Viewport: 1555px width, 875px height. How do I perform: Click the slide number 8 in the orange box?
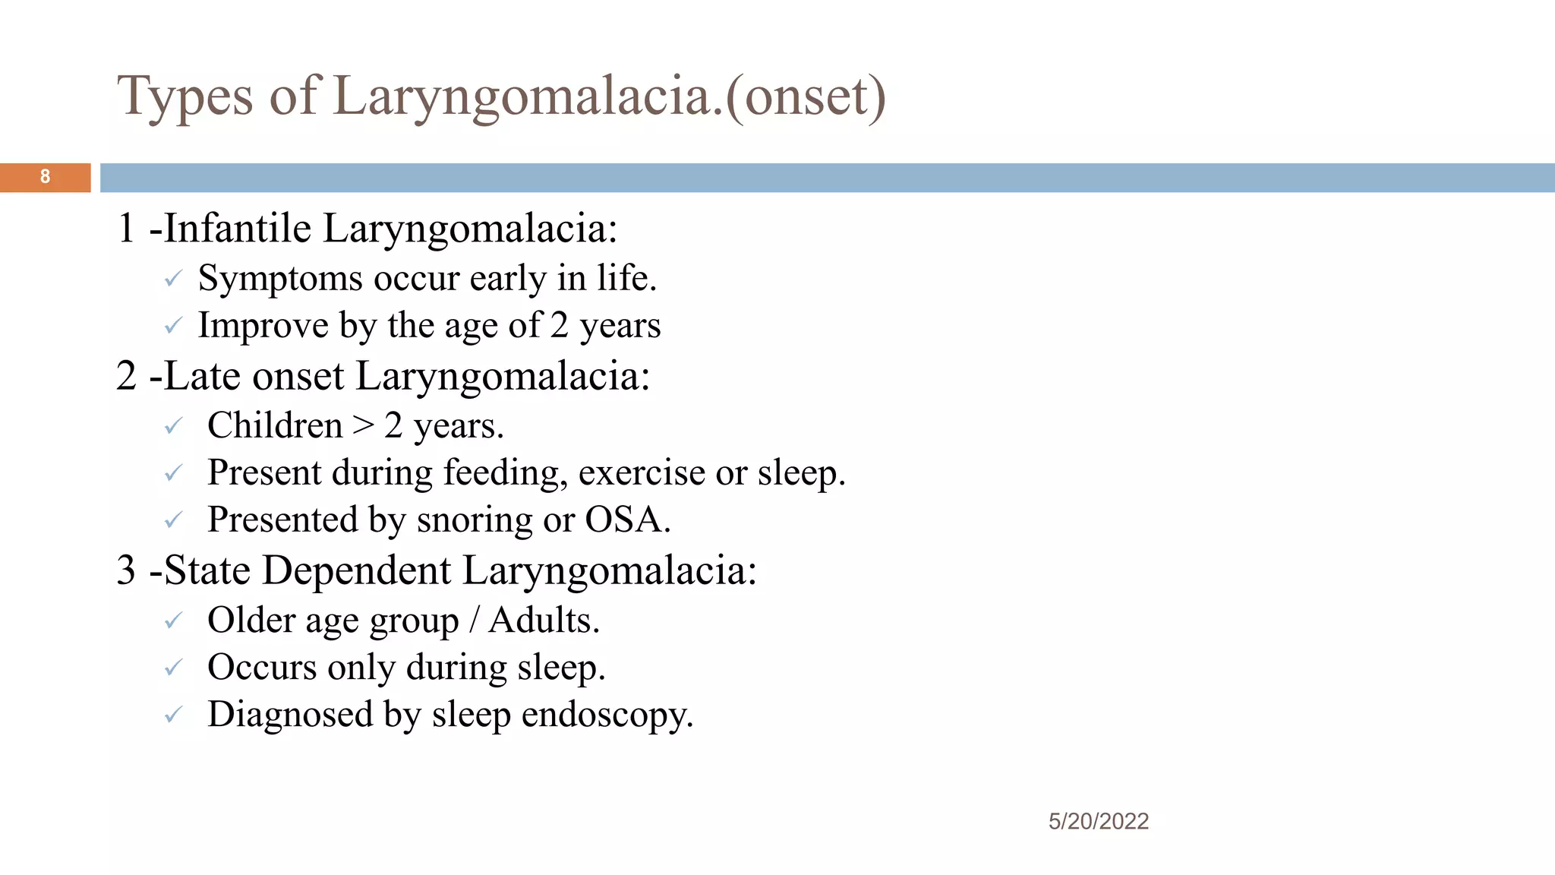[x=45, y=177]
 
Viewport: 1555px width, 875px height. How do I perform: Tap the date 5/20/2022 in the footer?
[x=1098, y=821]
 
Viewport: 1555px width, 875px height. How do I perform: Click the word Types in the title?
[x=185, y=97]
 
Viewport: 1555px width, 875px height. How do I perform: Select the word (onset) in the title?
[x=806, y=97]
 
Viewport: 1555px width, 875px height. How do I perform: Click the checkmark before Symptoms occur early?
[x=173, y=280]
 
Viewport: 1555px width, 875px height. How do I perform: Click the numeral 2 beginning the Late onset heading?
[x=126, y=376]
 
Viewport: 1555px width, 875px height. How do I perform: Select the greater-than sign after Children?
[x=364, y=425]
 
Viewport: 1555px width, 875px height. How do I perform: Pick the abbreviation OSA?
[x=626, y=520]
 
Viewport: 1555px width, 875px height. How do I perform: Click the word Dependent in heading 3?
[x=357, y=570]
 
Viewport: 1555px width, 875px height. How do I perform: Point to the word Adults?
[x=544, y=621]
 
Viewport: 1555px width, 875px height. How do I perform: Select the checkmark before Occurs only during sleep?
[x=173, y=668]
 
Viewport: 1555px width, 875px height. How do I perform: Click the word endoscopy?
[x=607, y=715]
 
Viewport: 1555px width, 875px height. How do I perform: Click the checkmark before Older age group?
[x=173, y=621]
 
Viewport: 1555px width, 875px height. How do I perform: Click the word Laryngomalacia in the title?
[x=528, y=97]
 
